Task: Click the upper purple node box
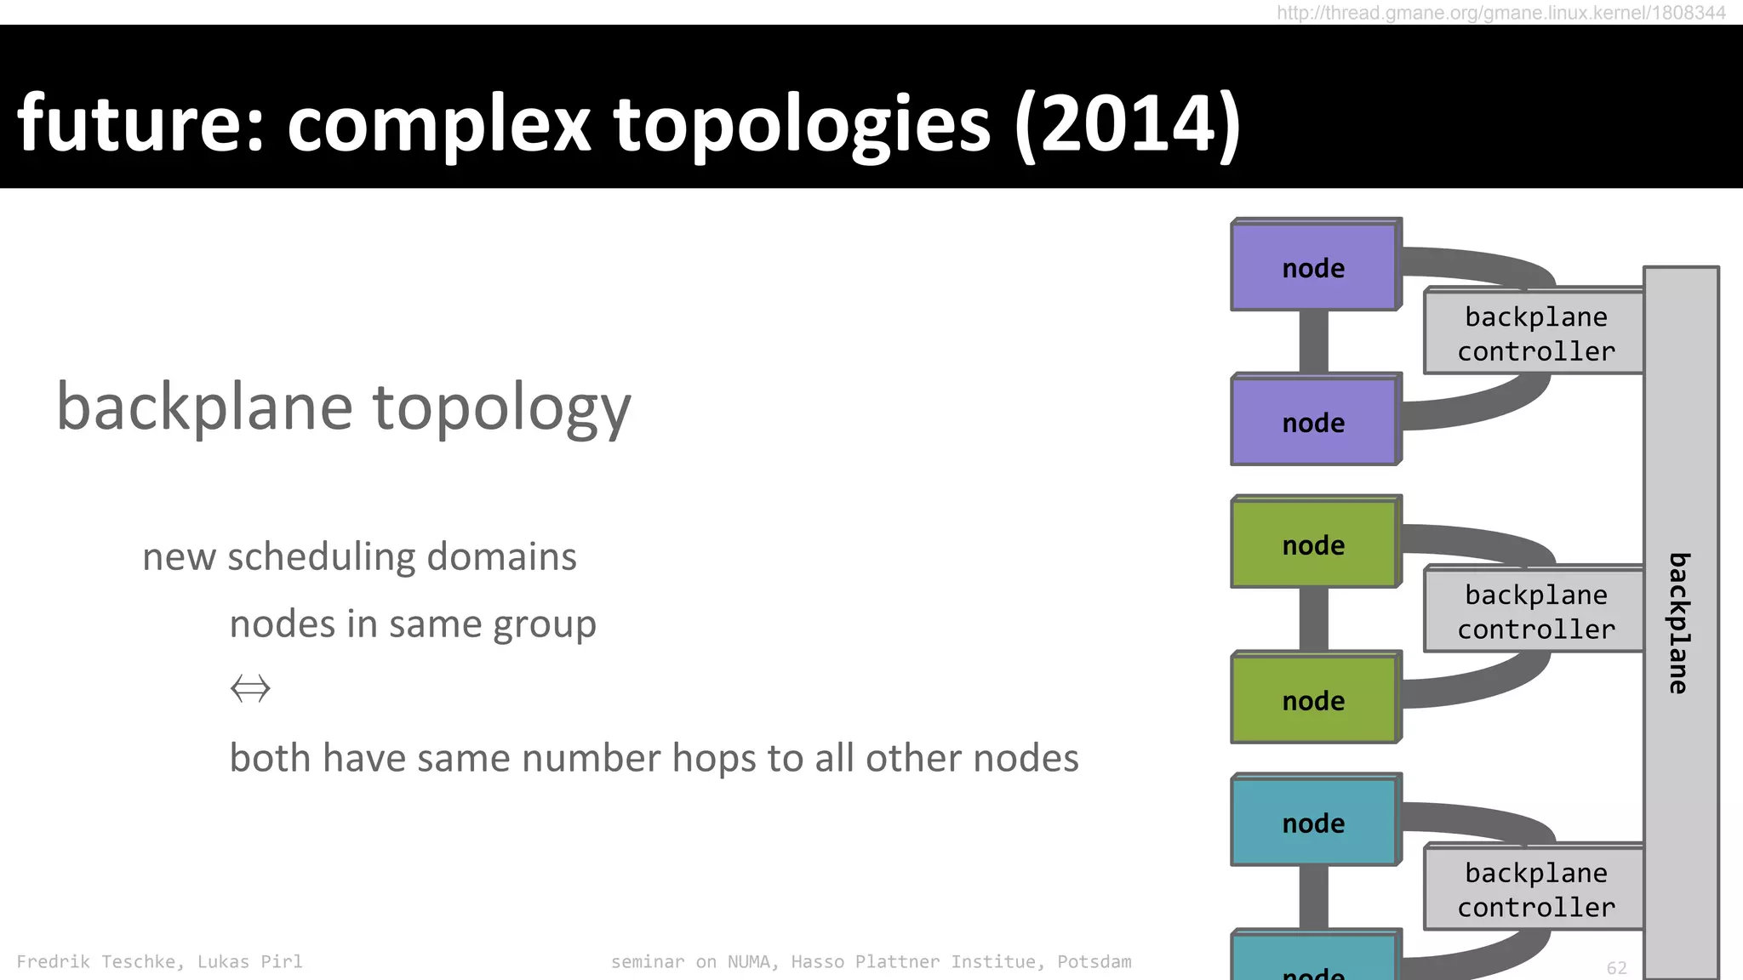point(1314,266)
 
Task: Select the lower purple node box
point(1314,421)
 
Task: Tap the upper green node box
point(1314,544)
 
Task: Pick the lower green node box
point(1314,699)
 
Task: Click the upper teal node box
point(1314,822)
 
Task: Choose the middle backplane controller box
point(1534,611)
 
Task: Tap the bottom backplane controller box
point(1534,889)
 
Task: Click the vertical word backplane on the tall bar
point(1678,623)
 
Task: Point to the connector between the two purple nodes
point(1313,341)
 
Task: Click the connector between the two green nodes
point(1313,619)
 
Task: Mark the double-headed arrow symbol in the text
point(250,687)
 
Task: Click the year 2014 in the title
point(1126,124)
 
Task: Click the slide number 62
point(1616,967)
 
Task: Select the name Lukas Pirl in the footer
point(249,961)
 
